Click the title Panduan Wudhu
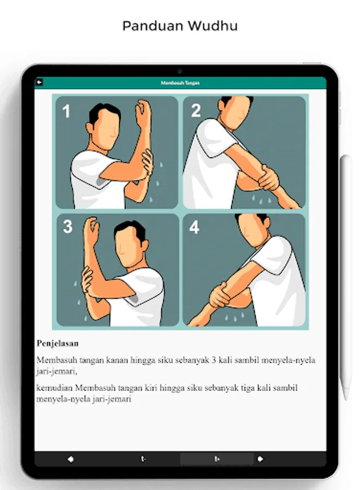[x=180, y=26]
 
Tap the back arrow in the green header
[x=39, y=82]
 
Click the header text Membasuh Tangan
[x=180, y=83]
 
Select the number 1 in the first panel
[x=66, y=111]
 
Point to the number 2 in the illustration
[x=196, y=111]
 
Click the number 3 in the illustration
[x=68, y=226]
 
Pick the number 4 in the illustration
[x=194, y=227]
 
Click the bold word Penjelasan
[x=58, y=343]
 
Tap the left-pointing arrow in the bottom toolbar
[x=71, y=459]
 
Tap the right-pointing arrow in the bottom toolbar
[x=260, y=459]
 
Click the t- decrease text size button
[x=143, y=459]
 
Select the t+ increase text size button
[x=217, y=459]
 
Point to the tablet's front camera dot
[x=180, y=71]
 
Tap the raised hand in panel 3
[x=91, y=231]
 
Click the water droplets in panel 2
[x=261, y=200]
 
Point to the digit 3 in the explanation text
[x=213, y=360]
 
